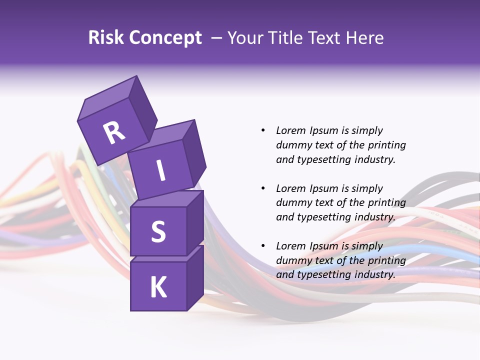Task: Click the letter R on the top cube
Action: point(114,132)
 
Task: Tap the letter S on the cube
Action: point(158,231)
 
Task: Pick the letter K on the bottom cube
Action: point(158,287)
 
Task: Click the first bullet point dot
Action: point(263,130)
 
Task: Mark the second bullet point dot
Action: point(263,188)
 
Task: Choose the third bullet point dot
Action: point(263,246)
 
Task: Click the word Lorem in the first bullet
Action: point(291,130)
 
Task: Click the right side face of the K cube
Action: point(195,277)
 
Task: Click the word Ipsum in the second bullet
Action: point(323,188)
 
